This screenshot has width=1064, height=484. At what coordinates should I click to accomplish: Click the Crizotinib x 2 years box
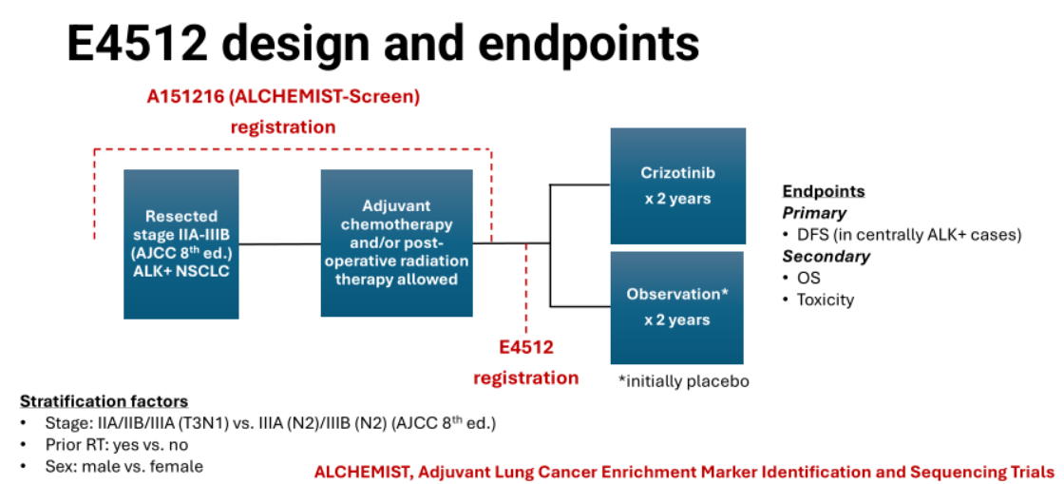pyautogui.click(x=676, y=185)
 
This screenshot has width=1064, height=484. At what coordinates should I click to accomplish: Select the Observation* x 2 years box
pyautogui.click(x=676, y=307)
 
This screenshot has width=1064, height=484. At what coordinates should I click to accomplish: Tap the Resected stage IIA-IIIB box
pyautogui.click(x=180, y=243)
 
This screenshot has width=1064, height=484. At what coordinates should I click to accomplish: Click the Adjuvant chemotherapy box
pyautogui.click(x=396, y=242)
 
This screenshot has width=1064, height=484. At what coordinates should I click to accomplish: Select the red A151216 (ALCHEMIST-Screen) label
pyautogui.click(x=282, y=96)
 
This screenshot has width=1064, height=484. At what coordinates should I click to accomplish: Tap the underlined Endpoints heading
pyautogui.click(x=823, y=191)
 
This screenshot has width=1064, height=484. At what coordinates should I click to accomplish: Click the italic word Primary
pyautogui.click(x=814, y=213)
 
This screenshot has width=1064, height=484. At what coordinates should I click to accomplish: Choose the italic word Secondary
pyautogui.click(x=826, y=256)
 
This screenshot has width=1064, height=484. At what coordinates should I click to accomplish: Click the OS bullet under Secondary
pyautogui.click(x=808, y=278)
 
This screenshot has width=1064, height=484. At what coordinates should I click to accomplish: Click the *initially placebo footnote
pyautogui.click(x=683, y=381)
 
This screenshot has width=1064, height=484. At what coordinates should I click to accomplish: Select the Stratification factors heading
pyautogui.click(x=104, y=401)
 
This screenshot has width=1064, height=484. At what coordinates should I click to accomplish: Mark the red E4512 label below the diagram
pyautogui.click(x=526, y=348)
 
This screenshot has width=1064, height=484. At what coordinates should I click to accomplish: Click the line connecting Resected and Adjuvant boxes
pyautogui.click(x=279, y=244)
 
